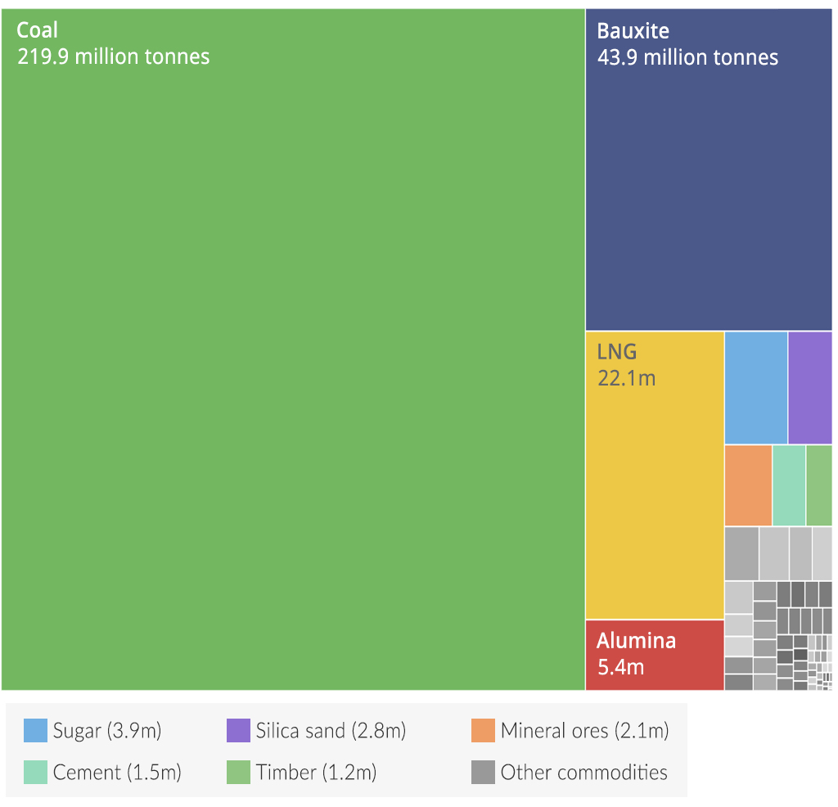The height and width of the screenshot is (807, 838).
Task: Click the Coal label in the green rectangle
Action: coord(38,31)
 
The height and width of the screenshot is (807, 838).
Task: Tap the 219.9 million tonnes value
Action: coord(113,56)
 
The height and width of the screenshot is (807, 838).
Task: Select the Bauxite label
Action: coord(633,31)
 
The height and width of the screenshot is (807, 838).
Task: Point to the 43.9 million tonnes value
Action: coord(687,57)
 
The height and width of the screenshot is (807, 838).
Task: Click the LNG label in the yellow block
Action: coord(616,353)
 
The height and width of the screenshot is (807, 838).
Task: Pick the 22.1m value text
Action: coord(626,378)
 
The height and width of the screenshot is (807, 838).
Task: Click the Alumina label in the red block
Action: coord(636,641)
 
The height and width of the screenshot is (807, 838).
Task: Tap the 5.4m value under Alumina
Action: coord(620,667)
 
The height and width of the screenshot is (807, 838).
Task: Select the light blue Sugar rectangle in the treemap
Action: coord(755,387)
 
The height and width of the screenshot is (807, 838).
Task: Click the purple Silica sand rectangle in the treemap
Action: coord(810,387)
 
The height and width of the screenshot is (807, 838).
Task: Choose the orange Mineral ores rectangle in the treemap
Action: coord(748,485)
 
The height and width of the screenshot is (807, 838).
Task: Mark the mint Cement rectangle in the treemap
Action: coord(789,485)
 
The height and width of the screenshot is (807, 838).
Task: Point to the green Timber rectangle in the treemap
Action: coord(819,485)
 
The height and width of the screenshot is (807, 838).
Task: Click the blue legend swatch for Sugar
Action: coord(35,730)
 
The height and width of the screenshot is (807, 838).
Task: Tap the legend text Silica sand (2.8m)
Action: coord(331,730)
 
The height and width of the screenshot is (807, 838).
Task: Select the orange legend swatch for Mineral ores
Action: coord(483,730)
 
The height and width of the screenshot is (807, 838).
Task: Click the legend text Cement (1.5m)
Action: coord(117,772)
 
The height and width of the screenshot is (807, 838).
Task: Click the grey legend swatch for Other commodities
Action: coord(483,772)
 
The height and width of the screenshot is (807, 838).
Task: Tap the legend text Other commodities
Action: coord(583,772)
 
